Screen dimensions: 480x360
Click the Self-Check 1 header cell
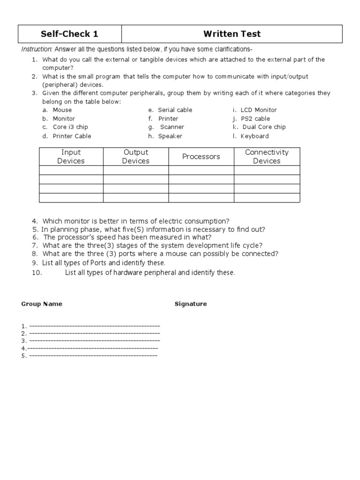click(69, 34)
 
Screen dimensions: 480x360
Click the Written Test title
click(232, 34)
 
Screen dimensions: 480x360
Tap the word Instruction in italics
click(37, 50)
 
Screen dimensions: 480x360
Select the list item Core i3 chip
click(70, 127)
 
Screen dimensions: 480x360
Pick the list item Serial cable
click(175, 110)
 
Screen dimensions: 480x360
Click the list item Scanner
click(172, 127)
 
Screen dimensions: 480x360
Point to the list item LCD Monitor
click(258, 110)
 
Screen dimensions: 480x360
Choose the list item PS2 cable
click(255, 119)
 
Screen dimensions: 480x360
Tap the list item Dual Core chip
click(264, 127)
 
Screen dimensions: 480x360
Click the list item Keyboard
click(255, 136)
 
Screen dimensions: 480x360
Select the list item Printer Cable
click(72, 136)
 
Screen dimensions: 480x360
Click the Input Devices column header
click(71, 157)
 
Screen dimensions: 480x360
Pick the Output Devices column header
click(135, 157)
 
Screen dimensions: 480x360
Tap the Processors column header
click(201, 157)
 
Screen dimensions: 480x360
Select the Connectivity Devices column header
click(267, 157)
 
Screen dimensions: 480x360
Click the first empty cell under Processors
click(201, 170)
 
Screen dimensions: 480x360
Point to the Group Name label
click(42, 304)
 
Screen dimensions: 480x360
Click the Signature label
click(190, 304)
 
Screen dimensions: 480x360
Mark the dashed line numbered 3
click(94, 341)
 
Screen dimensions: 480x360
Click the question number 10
click(37, 273)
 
